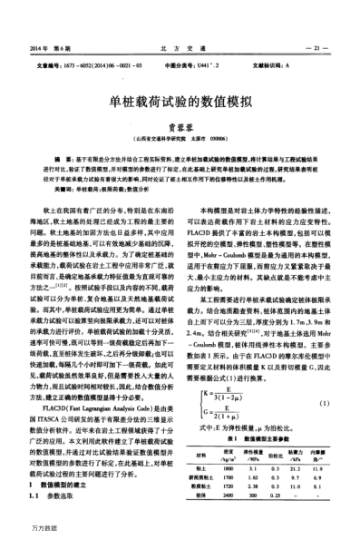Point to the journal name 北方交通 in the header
180,45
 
